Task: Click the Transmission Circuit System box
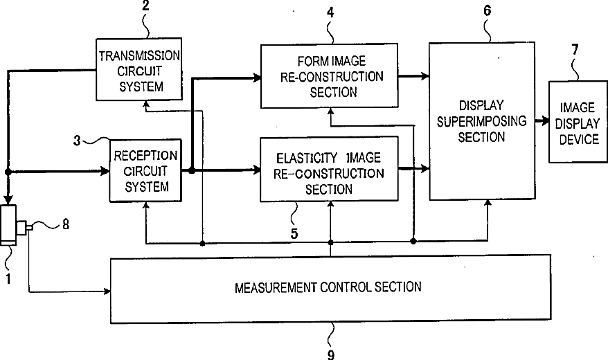click(139, 69)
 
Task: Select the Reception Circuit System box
click(146, 170)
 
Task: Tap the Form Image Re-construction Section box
click(330, 75)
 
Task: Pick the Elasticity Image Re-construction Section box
click(330, 170)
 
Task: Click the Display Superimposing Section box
click(482, 121)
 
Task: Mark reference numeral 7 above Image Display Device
click(575, 49)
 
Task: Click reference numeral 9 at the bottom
click(331, 354)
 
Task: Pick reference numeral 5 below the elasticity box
click(294, 233)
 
